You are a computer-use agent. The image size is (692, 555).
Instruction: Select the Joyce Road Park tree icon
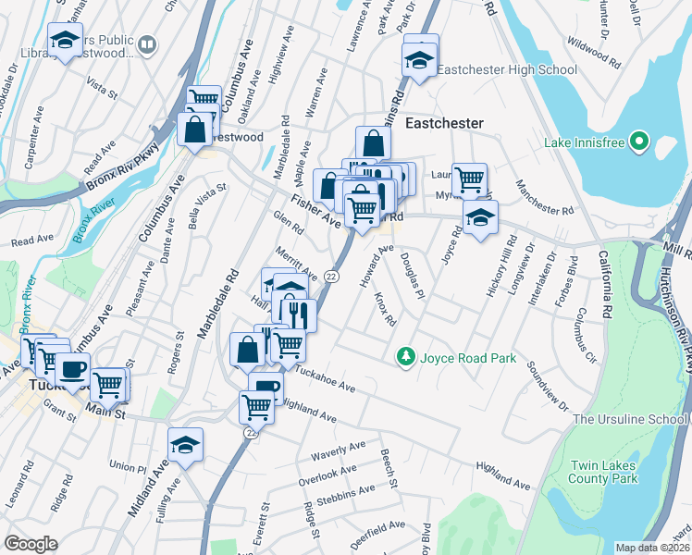(404, 356)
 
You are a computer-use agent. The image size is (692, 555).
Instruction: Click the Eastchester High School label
(506, 69)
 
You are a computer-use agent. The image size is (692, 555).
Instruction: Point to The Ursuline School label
(630, 419)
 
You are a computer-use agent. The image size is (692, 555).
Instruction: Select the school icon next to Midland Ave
(185, 446)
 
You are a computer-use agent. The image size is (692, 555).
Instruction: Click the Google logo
(31, 544)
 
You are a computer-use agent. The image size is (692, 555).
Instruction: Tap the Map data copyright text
(653, 548)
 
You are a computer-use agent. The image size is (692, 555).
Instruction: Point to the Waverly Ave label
(339, 450)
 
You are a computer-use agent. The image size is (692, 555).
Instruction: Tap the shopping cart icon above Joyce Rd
(470, 179)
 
